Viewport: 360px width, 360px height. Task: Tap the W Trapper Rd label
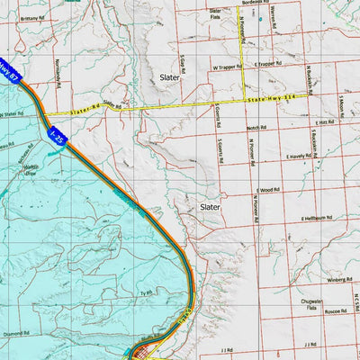click(228, 66)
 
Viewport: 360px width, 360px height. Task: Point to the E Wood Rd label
click(268, 190)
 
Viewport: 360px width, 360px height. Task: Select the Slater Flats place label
click(215, 13)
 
